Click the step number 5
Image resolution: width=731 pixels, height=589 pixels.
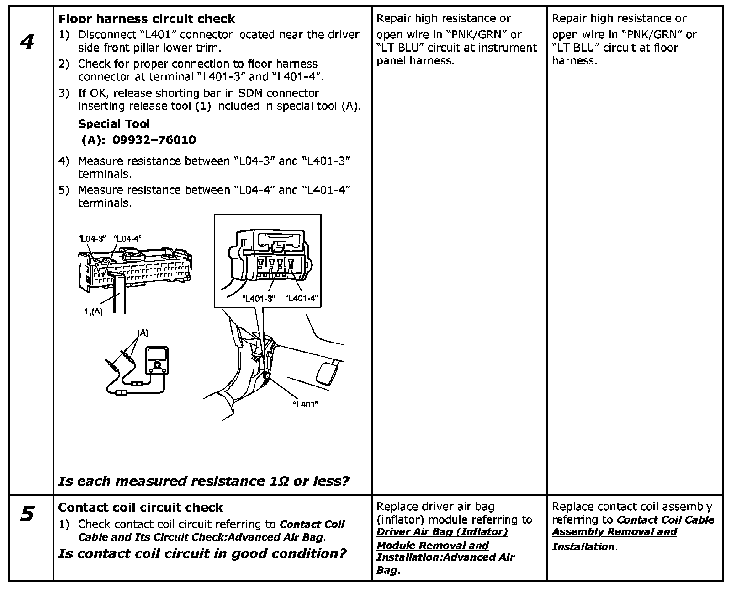point(27,514)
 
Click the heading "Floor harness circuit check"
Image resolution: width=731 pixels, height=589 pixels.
point(147,19)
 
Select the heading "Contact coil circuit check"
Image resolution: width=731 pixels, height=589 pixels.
point(141,507)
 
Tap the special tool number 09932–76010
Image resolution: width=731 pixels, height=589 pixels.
point(154,140)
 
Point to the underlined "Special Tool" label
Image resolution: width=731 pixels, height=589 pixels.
point(114,124)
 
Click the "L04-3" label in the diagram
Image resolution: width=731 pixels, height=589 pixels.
point(92,238)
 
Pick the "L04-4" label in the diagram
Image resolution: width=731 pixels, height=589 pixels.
point(128,238)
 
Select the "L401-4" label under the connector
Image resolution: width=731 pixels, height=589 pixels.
point(302,298)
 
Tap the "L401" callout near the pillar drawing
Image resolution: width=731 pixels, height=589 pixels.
point(305,404)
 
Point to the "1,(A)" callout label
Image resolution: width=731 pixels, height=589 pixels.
point(93,311)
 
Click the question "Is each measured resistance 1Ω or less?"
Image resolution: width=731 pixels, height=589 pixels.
point(204,481)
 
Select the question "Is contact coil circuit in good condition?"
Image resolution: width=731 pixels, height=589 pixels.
point(202,554)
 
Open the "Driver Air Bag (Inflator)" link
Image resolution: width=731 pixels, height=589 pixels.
point(442,532)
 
